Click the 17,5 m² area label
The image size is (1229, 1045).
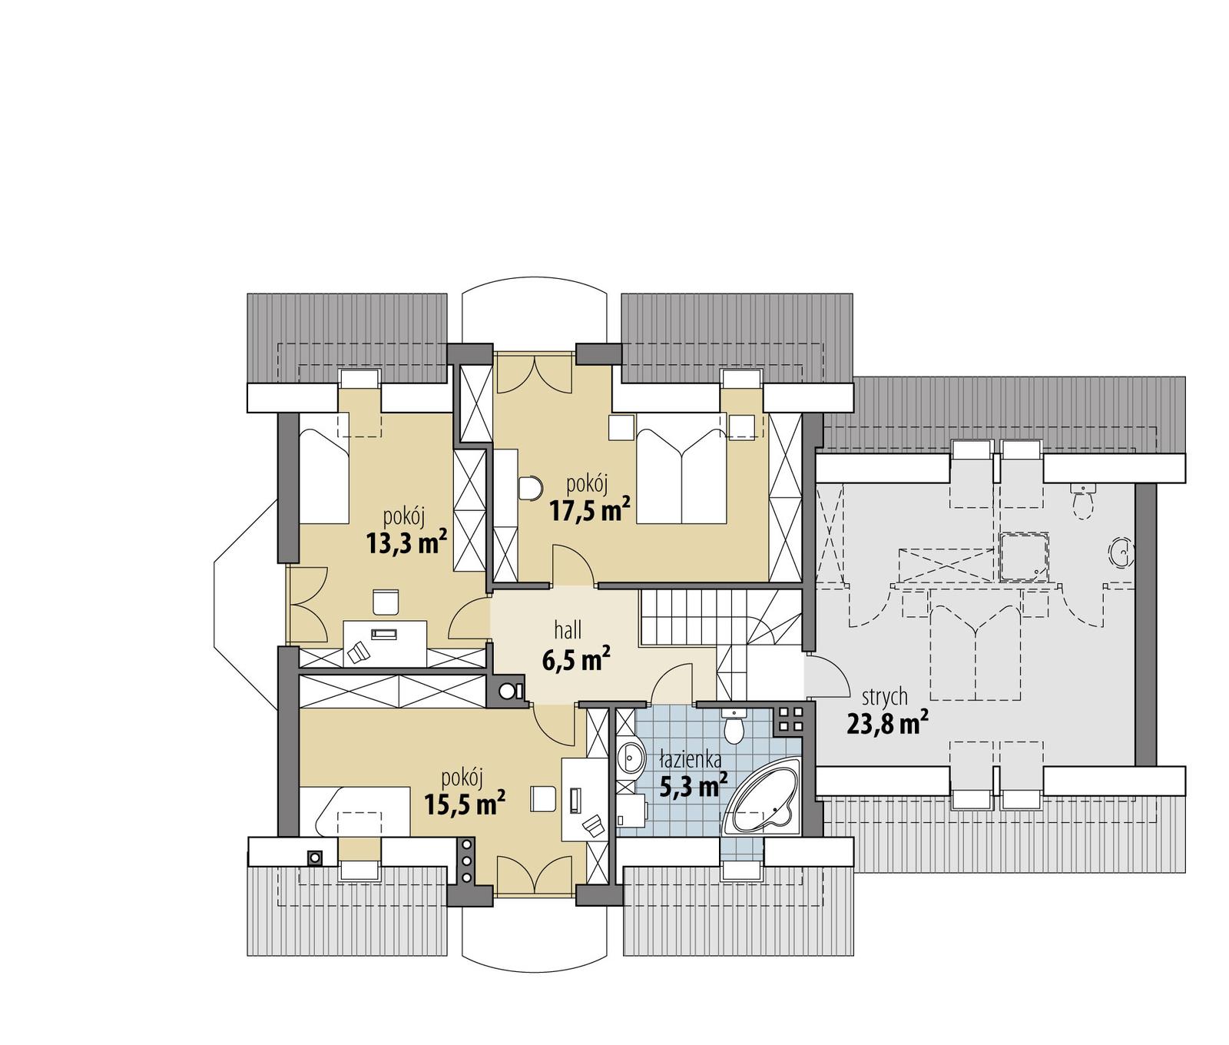pyautogui.click(x=590, y=510)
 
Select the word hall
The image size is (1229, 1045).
pyautogui.click(x=568, y=631)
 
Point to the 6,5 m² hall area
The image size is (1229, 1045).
pyautogui.click(x=576, y=659)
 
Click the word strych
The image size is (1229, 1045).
pyautogui.click(x=885, y=696)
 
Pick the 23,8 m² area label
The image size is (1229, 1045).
pyautogui.click(x=887, y=723)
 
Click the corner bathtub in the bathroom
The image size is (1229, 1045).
pyautogui.click(x=765, y=804)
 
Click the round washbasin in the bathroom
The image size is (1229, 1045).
pyautogui.click(x=631, y=756)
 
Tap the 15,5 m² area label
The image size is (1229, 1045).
pyautogui.click(x=464, y=804)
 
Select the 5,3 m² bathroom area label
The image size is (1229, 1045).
pyautogui.click(x=694, y=785)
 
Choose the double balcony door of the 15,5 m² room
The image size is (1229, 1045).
pyautogui.click(x=535, y=876)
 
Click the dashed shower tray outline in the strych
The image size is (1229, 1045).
pyautogui.click(x=1025, y=555)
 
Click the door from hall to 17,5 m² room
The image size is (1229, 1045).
pyautogui.click(x=572, y=567)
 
